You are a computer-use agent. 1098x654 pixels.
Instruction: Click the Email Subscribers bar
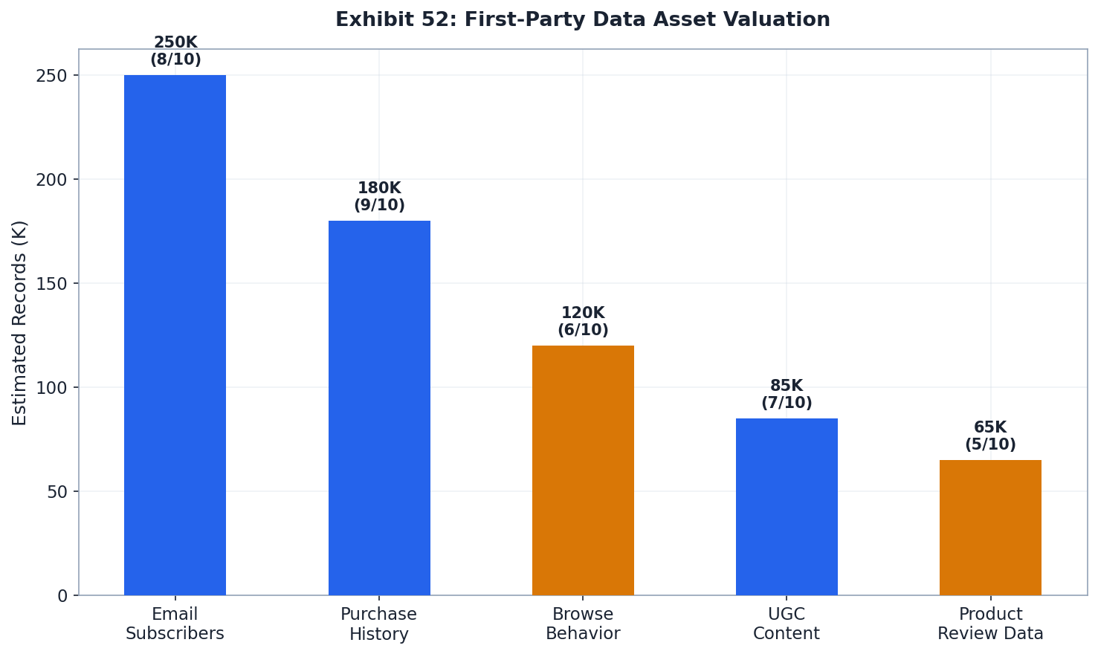coord(175,334)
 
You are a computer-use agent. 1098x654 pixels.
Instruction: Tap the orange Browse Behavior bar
coord(583,470)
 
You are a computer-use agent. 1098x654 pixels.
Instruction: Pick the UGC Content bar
coord(787,506)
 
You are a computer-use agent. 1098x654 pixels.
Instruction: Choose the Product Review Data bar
coord(990,527)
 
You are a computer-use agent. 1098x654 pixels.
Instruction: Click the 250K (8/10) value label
coord(175,51)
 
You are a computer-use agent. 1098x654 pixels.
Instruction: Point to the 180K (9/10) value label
coord(379,197)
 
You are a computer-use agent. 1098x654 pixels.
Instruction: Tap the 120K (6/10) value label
coord(583,322)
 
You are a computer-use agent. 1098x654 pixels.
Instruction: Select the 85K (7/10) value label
coord(787,395)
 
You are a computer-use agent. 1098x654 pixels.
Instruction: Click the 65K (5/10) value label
coord(990,436)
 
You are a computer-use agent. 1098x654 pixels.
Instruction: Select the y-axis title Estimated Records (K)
coord(20,323)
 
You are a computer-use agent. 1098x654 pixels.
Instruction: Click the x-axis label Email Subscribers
coord(175,624)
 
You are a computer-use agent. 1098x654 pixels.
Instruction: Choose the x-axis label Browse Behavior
coord(583,624)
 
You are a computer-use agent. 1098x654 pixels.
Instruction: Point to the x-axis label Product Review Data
coord(990,624)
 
